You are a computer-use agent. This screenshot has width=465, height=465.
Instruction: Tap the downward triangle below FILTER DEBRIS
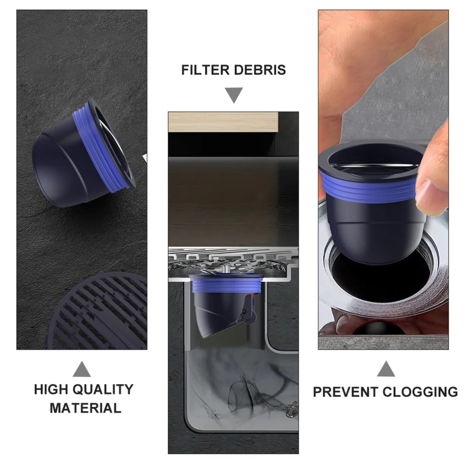234,96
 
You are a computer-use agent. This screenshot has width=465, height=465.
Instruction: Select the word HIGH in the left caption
52,389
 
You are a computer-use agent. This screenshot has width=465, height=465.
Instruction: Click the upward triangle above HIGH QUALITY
82,369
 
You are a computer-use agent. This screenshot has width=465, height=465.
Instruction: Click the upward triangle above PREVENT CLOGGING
385,369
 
